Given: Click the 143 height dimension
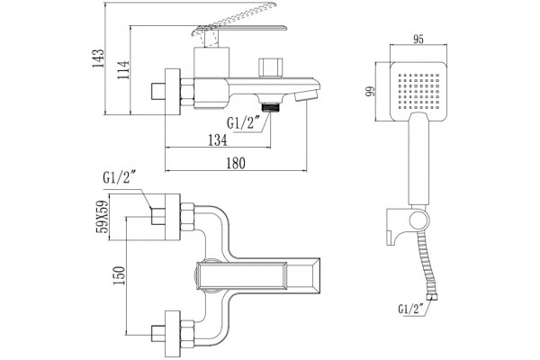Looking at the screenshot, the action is [x=98, y=58].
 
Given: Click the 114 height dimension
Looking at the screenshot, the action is [x=123, y=70].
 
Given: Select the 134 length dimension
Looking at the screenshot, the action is [x=218, y=139].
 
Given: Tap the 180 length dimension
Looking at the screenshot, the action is [x=236, y=163].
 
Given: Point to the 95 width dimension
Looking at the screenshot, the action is [x=418, y=40].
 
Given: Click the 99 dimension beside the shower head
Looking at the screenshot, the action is [x=370, y=91].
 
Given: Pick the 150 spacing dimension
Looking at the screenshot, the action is [x=119, y=275].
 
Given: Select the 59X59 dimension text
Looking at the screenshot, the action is [x=103, y=217].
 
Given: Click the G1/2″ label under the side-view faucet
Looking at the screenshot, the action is [x=243, y=123].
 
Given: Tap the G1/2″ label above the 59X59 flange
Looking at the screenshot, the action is [x=119, y=178].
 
